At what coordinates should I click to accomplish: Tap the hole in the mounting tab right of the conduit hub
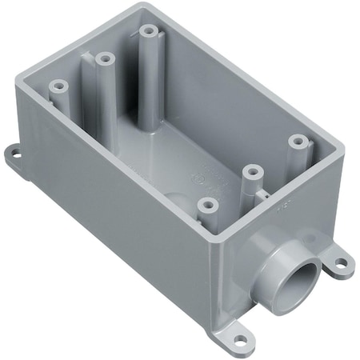coord(340,261)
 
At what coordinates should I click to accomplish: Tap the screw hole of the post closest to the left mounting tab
coord(58,83)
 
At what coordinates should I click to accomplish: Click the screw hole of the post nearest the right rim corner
coord(298,141)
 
